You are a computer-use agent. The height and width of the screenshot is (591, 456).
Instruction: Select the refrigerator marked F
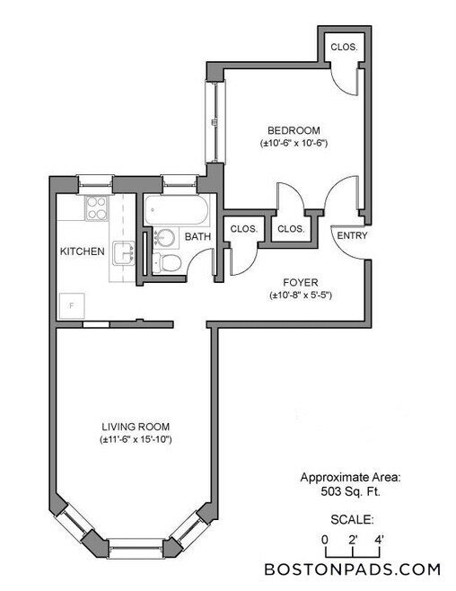[71, 304]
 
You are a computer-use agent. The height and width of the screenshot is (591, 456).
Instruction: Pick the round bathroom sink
[164, 239]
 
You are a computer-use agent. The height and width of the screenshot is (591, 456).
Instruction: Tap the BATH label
[197, 237]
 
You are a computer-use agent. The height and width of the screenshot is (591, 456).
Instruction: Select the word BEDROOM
[291, 128]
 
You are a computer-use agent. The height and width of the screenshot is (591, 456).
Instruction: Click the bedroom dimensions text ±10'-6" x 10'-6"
[291, 142]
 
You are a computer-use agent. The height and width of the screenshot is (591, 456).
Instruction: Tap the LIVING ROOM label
[136, 426]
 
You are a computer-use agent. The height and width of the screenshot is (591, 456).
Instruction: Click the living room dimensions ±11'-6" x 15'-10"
[136, 439]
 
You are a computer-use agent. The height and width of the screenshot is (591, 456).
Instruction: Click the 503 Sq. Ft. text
[351, 492]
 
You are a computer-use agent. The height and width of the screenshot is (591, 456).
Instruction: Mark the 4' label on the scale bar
[380, 539]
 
